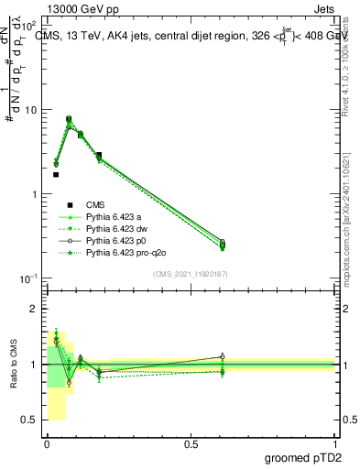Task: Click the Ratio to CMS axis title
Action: pyautogui.click(x=14, y=365)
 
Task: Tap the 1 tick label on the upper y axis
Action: pyautogui.click(x=33, y=194)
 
